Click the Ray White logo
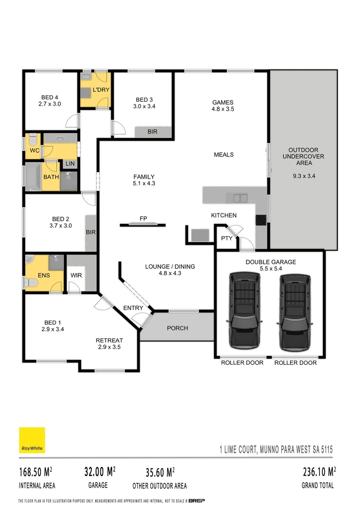[x=32, y=440]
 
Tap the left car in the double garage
[x=244, y=311]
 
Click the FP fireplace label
[x=143, y=219]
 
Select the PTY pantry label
[x=227, y=238]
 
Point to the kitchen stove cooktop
[x=261, y=219]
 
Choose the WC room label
[x=34, y=151]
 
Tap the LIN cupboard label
[x=70, y=164]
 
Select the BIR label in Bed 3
[x=152, y=132]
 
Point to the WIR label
[x=76, y=275]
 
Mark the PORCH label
[x=177, y=328]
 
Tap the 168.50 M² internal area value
[x=35, y=472]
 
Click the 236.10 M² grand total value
[x=319, y=472]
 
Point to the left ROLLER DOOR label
[x=242, y=363]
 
